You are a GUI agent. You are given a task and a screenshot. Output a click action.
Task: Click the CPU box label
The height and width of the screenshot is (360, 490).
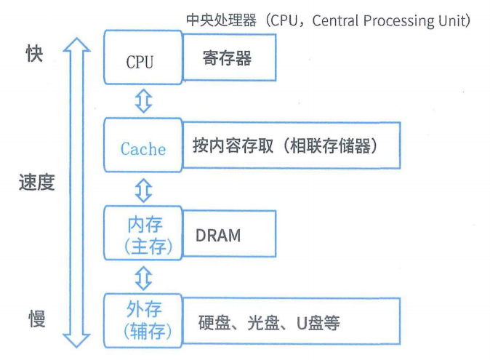click(140, 61)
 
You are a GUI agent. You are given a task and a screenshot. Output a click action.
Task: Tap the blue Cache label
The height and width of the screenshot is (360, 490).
click(142, 149)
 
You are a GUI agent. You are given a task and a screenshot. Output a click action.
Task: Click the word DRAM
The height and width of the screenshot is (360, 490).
click(218, 236)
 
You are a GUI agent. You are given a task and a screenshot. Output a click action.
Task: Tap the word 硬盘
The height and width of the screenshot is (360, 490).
click(213, 322)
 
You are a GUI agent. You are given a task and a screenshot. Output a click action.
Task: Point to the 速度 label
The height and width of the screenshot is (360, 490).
click(36, 183)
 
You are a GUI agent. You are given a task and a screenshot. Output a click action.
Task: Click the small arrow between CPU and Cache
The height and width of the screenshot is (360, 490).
click(144, 102)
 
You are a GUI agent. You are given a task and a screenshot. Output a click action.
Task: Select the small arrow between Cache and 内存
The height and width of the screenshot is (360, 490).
click(144, 190)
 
